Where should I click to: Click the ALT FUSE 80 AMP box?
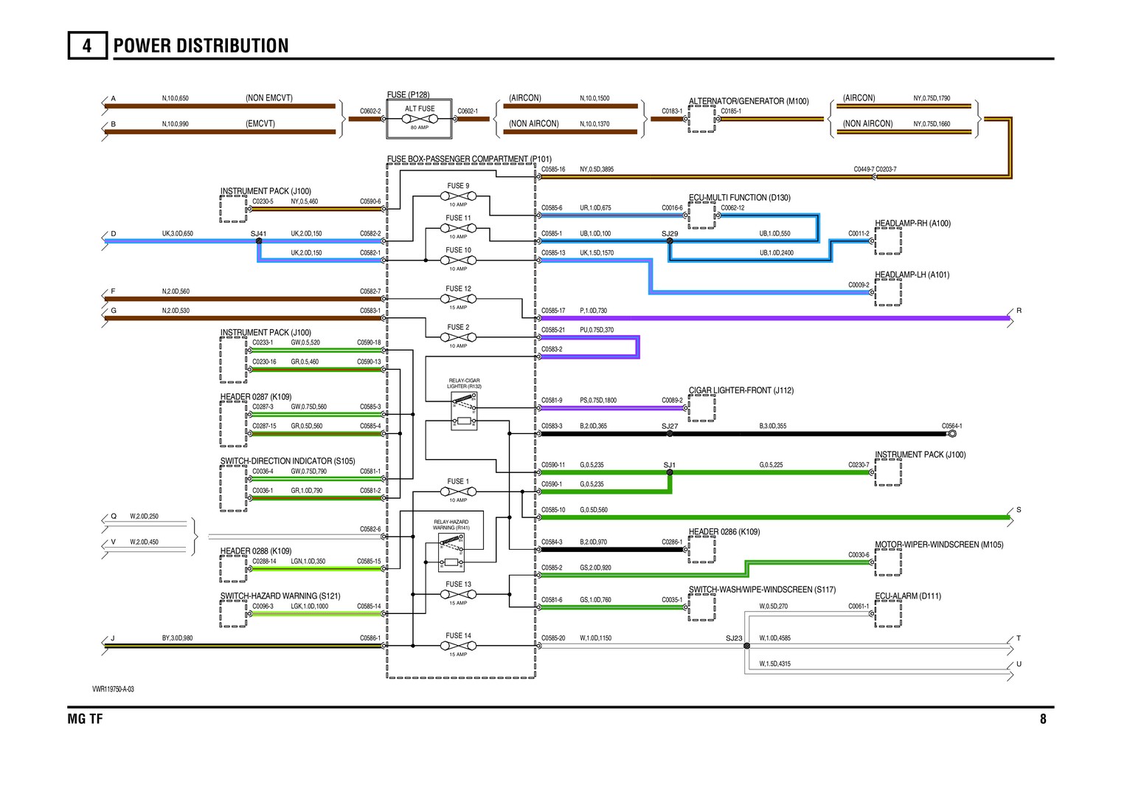click(420, 118)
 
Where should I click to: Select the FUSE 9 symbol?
click(458, 196)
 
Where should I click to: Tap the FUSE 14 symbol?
click(458, 646)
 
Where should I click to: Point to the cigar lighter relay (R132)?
click(464, 411)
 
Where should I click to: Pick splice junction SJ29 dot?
click(670, 241)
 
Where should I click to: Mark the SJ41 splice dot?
click(259, 241)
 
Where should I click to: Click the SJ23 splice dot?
click(746, 646)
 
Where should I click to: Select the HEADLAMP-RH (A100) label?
click(912, 224)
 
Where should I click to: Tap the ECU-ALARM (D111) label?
click(907, 596)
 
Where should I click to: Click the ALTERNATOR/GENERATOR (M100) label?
click(749, 101)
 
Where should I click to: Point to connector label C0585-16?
click(553, 170)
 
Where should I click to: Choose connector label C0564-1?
click(951, 427)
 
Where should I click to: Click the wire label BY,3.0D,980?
click(178, 638)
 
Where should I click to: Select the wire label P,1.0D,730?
click(593, 311)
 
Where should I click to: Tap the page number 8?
click(1043, 719)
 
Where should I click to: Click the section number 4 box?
click(87, 46)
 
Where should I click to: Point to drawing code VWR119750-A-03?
click(113, 689)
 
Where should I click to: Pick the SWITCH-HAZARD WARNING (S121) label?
click(280, 596)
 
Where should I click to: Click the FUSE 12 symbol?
click(458, 299)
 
